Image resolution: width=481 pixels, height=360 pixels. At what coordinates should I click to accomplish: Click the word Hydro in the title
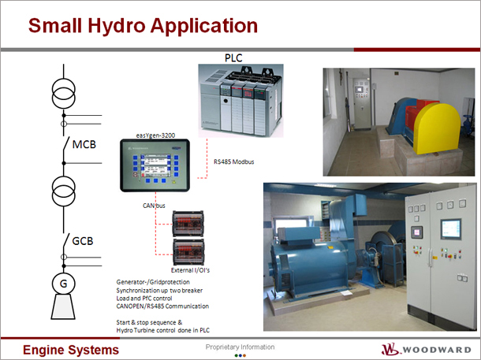click(117, 26)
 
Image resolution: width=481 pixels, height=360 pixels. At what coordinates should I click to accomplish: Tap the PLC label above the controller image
click(233, 58)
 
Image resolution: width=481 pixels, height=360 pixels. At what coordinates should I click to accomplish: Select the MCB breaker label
click(84, 144)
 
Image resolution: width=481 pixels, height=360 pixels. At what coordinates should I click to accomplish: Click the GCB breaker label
click(83, 241)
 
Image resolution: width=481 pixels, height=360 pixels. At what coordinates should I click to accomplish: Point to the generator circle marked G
click(64, 284)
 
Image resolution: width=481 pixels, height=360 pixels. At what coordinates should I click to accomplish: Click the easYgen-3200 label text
click(155, 135)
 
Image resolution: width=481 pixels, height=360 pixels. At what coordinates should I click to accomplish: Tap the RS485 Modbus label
click(234, 161)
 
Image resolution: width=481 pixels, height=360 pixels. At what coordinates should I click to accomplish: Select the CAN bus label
click(154, 206)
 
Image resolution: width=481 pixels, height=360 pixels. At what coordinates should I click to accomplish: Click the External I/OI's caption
click(190, 270)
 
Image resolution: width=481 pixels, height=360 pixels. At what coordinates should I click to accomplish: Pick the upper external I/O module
click(188, 224)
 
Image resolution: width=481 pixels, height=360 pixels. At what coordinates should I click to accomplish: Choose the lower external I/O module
click(188, 252)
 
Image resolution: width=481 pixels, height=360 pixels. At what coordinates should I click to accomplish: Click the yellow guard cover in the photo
click(437, 128)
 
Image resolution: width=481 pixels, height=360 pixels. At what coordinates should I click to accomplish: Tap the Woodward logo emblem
click(390, 349)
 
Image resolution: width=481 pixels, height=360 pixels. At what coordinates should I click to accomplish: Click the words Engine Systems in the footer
click(71, 350)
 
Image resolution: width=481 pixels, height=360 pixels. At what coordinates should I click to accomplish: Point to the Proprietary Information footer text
click(240, 347)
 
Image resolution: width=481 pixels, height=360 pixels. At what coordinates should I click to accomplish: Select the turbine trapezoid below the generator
click(63, 306)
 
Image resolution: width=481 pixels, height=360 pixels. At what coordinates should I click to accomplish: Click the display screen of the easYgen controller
click(156, 165)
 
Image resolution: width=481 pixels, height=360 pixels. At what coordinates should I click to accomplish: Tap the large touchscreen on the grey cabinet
click(450, 229)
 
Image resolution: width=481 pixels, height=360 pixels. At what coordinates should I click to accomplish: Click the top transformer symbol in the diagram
click(64, 93)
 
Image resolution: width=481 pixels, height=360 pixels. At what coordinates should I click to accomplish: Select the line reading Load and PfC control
click(144, 299)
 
